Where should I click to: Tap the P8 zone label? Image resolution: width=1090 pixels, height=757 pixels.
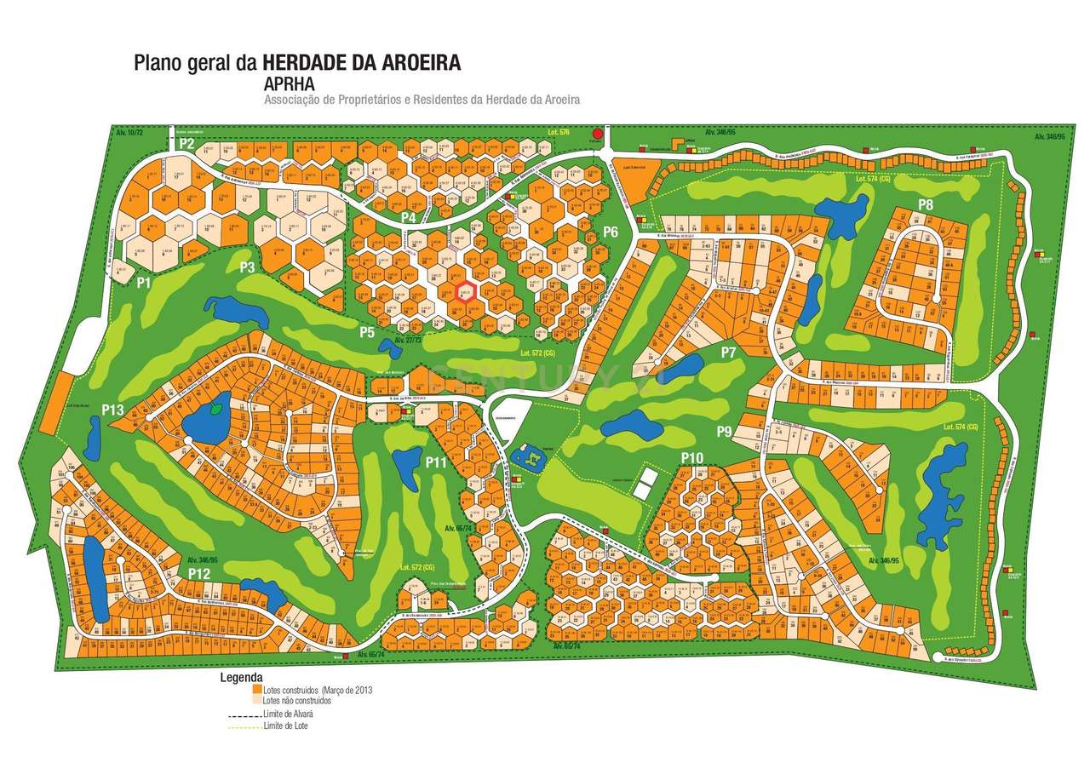click(x=926, y=204)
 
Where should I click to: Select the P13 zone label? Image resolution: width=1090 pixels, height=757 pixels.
click(x=113, y=410)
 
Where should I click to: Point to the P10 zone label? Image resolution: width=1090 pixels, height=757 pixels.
click(x=692, y=458)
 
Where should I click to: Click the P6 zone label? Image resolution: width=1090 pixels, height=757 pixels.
click(x=610, y=232)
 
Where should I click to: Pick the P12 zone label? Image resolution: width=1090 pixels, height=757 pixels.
click(x=199, y=574)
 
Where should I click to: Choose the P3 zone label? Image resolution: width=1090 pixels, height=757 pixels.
click(x=247, y=267)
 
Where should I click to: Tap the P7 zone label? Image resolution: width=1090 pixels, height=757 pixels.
click(x=727, y=352)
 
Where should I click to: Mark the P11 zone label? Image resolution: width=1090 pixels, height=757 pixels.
click(x=437, y=462)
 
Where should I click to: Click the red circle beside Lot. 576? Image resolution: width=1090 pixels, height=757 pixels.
click(x=598, y=134)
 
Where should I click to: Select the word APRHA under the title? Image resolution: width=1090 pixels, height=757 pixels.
click(x=290, y=84)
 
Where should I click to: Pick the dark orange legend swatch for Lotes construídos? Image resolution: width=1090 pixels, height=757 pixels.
click(x=257, y=690)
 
